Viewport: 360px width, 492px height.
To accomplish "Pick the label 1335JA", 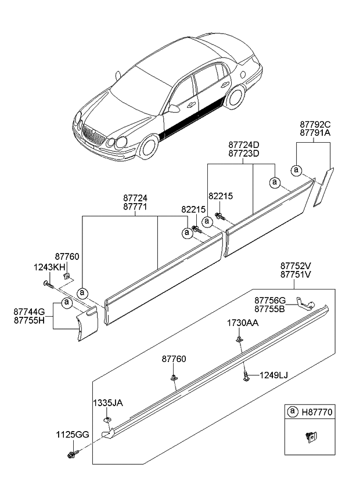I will click(x=108, y=403).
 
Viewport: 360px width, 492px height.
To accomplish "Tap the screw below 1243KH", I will click(x=48, y=284).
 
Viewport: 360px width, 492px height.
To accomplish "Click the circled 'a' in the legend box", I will click(x=293, y=413).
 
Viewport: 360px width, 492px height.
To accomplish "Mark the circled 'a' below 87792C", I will click(x=296, y=169).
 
